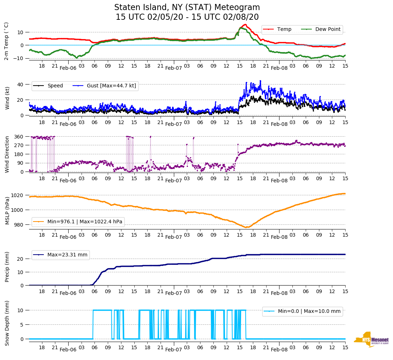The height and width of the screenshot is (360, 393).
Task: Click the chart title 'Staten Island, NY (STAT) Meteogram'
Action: (x=187, y=8)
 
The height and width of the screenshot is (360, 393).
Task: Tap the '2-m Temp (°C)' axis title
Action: (x=6, y=41)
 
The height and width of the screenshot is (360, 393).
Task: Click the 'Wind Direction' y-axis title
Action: (x=7, y=154)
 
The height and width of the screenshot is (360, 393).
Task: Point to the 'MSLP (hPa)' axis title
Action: (x=7, y=210)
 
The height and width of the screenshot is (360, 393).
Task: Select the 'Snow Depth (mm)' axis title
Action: (x=7, y=323)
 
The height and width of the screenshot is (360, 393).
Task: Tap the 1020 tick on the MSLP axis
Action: (x=18, y=195)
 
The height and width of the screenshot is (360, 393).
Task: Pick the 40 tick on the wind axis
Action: (x=20, y=85)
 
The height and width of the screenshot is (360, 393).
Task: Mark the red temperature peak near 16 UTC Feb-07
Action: (x=245, y=24)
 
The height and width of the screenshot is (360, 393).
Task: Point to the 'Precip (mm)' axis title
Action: (x=7, y=267)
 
